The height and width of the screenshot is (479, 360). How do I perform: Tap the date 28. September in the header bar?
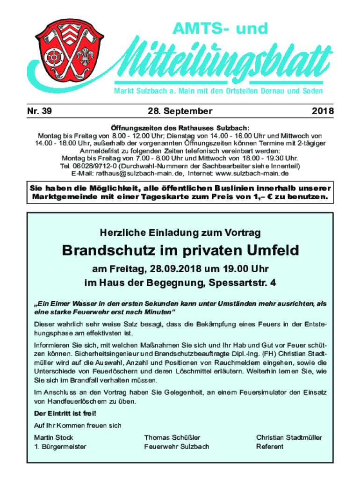(180, 111)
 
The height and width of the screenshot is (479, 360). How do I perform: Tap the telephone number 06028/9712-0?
(100, 166)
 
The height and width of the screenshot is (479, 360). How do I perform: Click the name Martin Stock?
(54, 437)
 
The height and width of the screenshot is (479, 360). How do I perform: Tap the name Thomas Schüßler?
(172, 437)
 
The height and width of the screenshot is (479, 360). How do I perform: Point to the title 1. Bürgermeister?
(60, 446)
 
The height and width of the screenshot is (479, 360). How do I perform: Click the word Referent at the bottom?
(270, 446)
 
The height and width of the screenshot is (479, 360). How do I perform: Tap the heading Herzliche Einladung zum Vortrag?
(180, 232)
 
